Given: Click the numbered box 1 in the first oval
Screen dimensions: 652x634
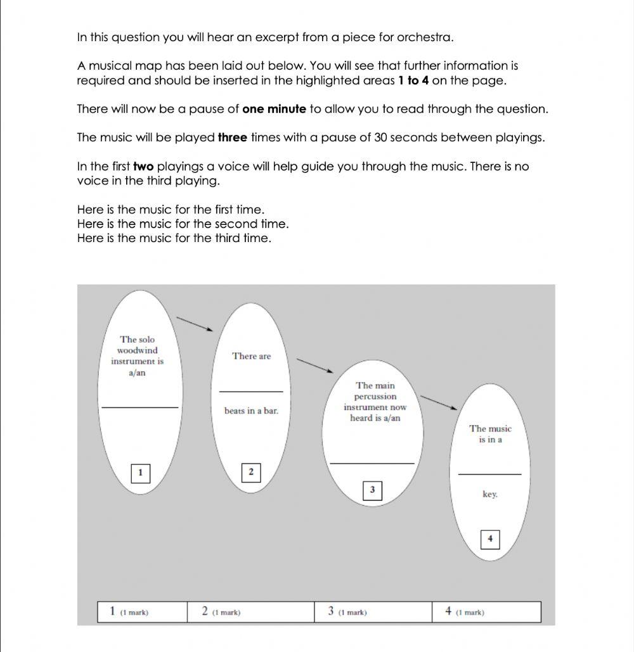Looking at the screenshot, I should point(140,473).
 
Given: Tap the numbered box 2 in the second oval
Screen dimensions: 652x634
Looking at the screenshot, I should point(251,472).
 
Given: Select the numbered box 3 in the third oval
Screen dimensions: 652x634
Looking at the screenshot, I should point(372,490).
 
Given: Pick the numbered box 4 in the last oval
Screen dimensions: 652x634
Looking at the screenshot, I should point(489,539).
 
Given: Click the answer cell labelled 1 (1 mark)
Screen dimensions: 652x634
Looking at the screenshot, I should point(142,612).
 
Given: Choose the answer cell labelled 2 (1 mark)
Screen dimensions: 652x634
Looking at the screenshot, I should point(250,612).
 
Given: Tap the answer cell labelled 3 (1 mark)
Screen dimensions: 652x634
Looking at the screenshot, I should point(373,612).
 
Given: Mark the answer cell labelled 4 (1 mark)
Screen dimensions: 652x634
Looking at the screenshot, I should point(486,612).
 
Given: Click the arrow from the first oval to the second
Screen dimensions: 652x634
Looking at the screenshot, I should point(195,324).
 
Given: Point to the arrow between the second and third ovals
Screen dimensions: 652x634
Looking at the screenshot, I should point(315,366).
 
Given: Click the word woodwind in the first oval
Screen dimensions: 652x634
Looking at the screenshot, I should point(137,350).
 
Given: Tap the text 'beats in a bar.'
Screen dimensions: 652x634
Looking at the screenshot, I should point(251,411).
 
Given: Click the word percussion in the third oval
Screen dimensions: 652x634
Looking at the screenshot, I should point(375,397).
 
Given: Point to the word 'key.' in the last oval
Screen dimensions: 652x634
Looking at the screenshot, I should point(489,494).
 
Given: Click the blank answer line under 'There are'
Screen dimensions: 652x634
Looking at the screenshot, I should point(251,391).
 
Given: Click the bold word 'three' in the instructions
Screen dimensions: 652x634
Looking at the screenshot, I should point(232,137).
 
